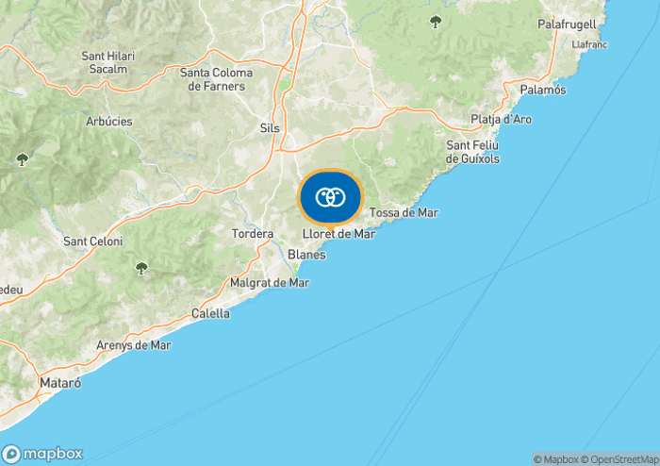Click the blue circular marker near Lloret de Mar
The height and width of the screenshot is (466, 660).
click(x=330, y=197)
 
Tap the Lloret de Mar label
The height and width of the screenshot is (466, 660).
click(x=338, y=234)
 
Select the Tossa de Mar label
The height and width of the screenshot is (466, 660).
click(x=404, y=213)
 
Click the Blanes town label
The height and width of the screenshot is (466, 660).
click(x=306, y=255)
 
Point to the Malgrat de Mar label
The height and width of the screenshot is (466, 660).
click(x=270, y=282)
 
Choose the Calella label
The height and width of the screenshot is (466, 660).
click(x=210, y=313)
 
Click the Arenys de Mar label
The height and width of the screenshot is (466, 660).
click(x=134, y=345)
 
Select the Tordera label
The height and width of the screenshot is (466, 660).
click(x=252, y=233)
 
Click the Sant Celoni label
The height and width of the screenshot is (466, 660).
click(x=92, y=241)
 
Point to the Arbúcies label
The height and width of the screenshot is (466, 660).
click(x=108, y=122)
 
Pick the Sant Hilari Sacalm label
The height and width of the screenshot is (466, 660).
click(x=108, y=62)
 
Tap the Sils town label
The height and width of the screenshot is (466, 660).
click(x=270, y=127)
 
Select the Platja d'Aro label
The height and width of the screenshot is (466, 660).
click(x=502, y=120)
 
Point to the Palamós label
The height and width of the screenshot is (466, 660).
click(x=543, y=90)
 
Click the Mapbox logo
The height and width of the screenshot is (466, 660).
click(x=43, y=453)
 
